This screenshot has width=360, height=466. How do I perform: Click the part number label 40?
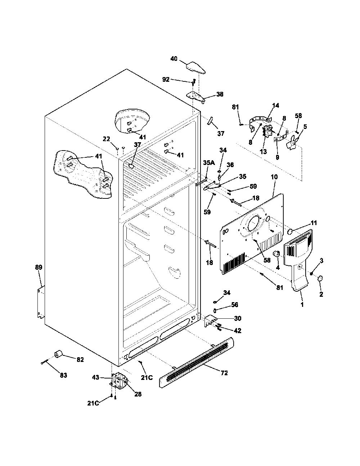coord(174,59)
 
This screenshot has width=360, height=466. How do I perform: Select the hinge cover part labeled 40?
coord(195,68)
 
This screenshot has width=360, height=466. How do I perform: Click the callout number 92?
coord(166,80)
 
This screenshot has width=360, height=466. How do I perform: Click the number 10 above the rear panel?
coord(274,177)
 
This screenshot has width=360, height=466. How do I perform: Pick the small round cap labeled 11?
coord(290,232)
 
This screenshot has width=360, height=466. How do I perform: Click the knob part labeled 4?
coord(276,254)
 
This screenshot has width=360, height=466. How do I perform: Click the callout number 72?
coord(224,373)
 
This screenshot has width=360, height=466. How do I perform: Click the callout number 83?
coord(63,375)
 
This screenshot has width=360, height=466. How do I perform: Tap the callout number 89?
coord(39,267)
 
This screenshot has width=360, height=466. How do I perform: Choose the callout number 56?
coord(234,305)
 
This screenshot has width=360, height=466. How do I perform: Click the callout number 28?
coord(138,394)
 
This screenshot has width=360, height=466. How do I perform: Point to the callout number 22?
coord(106,139)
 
